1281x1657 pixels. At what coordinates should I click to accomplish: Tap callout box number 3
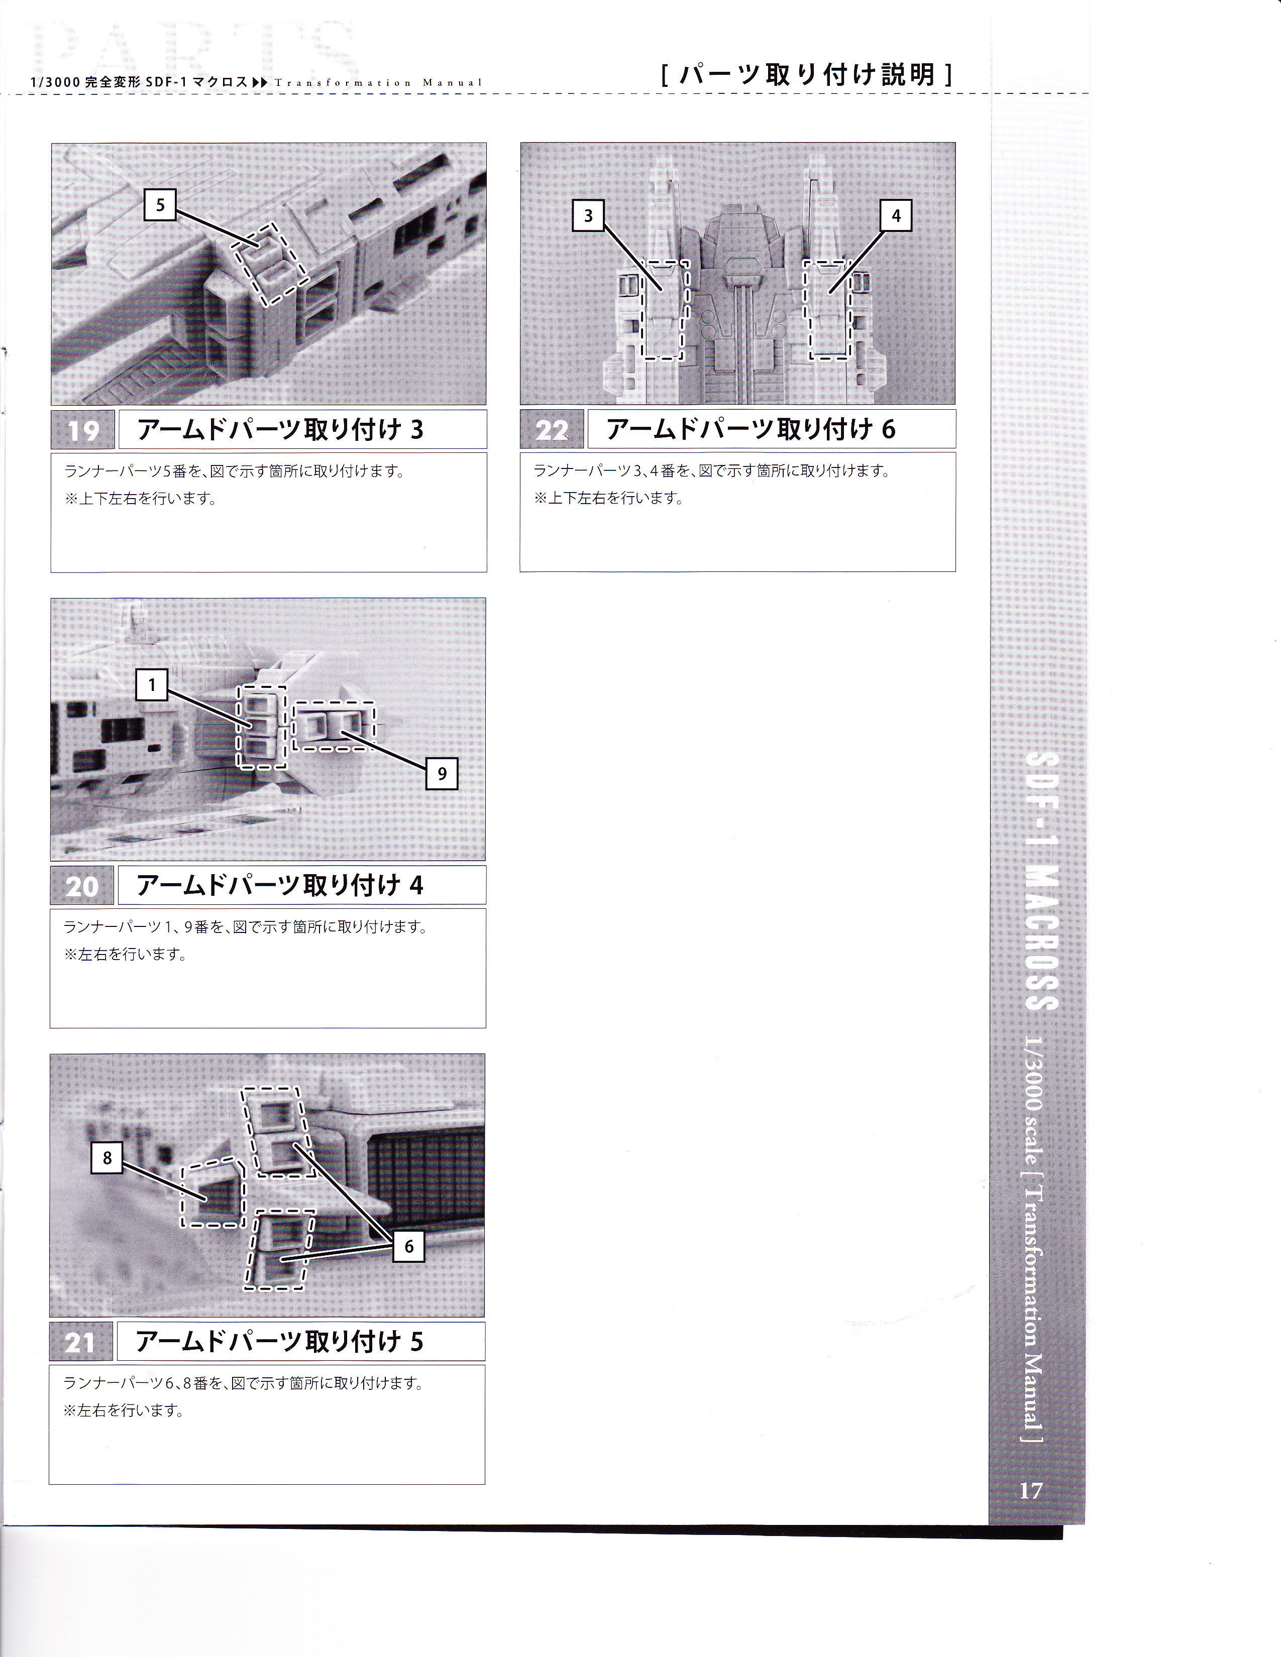[588, 215]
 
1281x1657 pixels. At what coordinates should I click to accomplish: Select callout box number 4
[896, 215]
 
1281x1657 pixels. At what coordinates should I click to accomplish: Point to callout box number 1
[152, 685]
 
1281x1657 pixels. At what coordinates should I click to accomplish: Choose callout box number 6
[409, 1246]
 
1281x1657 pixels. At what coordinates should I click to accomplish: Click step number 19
[83, 430]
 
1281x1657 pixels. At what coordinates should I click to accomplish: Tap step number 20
[82, 885]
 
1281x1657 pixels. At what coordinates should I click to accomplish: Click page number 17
[1030, 1491]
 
